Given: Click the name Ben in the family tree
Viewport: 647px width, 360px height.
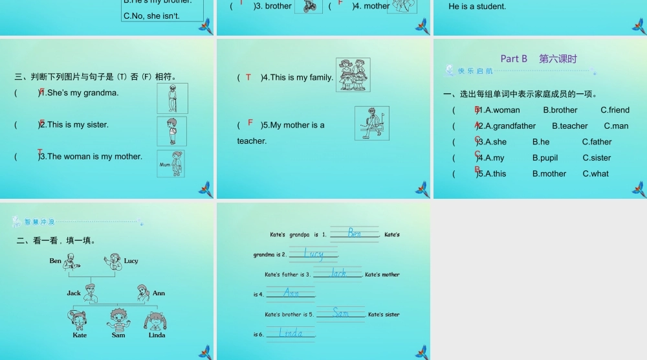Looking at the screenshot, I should coord(56,261).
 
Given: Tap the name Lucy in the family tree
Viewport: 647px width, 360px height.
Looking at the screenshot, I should coord(131,261).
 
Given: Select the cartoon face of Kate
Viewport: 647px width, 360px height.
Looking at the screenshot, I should coord(80,319).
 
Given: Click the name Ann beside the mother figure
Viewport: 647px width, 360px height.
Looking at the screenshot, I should coord(159,293).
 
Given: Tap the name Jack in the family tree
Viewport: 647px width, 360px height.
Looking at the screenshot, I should coord(74,293).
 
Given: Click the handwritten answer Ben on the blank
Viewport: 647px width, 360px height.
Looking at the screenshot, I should coord(354,233).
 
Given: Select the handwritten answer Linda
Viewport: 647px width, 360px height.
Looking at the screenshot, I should coord(291,333).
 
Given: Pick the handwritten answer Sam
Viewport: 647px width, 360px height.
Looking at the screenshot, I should coord(341,313).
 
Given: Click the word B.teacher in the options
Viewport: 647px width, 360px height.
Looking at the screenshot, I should coord(569,126).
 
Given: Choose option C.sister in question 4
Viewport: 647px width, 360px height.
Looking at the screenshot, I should coord(597,158).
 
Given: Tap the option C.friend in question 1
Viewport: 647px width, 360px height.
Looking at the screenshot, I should coord(615,110).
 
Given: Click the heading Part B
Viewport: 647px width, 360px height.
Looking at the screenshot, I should coord(514,59).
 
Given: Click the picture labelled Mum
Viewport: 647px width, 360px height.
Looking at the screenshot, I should coord(171,164).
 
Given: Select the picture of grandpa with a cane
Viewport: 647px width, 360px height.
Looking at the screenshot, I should coord(172,98).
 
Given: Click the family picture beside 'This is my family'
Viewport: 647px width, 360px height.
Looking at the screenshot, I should coord(353,74).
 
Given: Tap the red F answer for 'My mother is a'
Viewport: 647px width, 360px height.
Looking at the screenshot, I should coord(250,122).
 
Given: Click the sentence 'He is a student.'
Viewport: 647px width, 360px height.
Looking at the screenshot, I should coord(477,6).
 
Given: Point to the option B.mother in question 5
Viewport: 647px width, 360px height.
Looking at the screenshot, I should coord(549,174).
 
